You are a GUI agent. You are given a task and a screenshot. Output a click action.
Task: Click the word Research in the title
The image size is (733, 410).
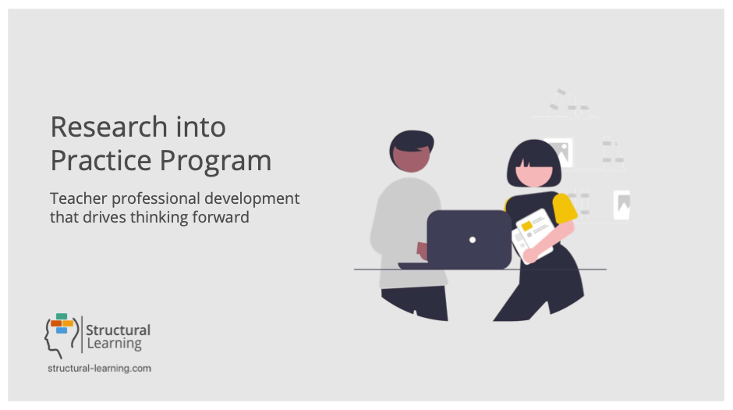(108, 127)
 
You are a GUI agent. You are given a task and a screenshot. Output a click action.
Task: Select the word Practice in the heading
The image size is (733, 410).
(101, 161)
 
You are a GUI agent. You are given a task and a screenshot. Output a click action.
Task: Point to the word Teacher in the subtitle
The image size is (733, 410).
(79, 198)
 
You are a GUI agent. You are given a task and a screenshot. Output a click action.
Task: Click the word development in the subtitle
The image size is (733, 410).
(252, 199)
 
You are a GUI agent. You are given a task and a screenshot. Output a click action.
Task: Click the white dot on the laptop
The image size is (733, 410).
(473, 240)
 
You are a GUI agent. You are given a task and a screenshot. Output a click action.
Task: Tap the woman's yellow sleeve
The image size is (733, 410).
(565, 207)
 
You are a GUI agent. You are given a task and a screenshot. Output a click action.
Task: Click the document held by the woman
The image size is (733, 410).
(533, 235)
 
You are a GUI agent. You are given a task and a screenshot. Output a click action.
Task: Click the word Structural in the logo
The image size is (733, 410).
(118, 330)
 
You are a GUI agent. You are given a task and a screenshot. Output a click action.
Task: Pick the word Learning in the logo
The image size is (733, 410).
(114, 344)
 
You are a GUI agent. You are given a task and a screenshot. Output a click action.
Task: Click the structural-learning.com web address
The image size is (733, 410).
(100, 369)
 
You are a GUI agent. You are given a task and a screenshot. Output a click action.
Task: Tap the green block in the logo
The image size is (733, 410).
(62, 316)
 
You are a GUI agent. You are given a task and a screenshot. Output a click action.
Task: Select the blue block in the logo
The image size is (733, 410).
(62, 330)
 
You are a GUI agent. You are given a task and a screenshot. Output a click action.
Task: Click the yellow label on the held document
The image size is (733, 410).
(527, 226)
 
